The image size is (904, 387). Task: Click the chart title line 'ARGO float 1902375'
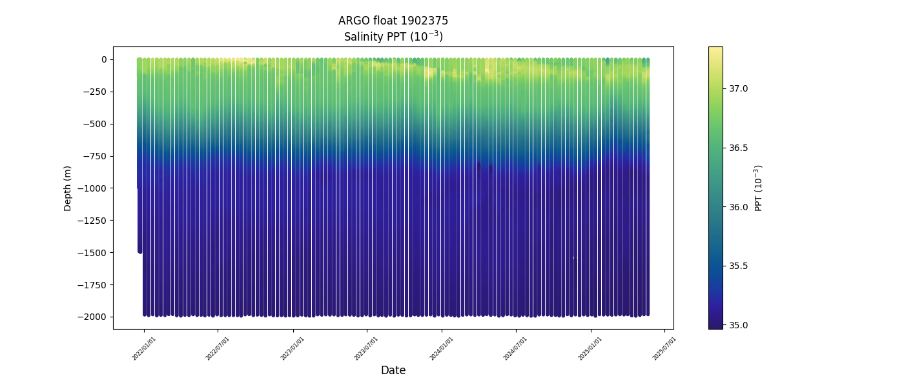(393, 21)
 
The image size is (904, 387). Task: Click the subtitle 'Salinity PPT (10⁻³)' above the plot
(393, 36)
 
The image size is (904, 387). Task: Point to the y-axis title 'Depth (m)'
(68, 188)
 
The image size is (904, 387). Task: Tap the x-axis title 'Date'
(393, 370)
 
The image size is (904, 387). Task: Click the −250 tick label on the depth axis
(96, 92)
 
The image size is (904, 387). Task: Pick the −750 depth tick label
(96, 156)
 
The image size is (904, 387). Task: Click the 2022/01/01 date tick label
(145, 348)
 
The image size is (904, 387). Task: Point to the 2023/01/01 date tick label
(293, 348)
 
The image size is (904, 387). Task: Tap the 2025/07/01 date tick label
(664, 348)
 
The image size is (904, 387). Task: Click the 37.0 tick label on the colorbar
(738, 88)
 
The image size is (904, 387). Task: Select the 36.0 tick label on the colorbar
(738, 207)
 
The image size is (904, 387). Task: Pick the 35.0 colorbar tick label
(738, 325)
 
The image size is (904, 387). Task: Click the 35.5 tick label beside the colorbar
(738, 266)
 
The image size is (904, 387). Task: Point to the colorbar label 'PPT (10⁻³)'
(759, 188)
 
